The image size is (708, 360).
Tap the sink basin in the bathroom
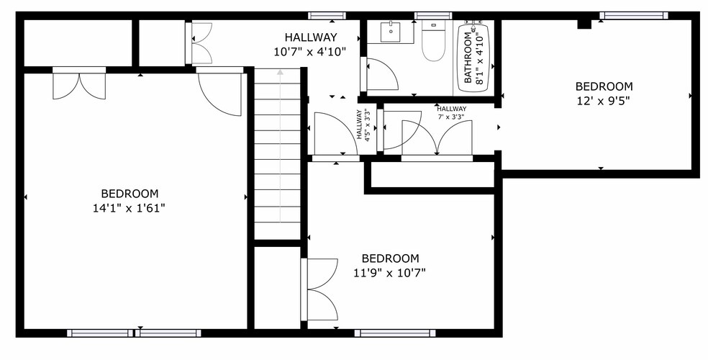391,32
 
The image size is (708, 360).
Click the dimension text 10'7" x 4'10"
310,51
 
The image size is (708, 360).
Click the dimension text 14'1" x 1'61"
130,207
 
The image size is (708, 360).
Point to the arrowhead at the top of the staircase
279,72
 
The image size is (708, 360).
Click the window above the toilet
433,15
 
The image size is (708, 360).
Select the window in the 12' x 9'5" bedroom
633,15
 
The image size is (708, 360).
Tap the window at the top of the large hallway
327,15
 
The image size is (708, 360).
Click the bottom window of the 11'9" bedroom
395,333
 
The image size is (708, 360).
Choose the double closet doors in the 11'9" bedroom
320,289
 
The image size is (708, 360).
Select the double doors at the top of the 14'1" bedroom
79,83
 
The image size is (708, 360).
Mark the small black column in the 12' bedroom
584,24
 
